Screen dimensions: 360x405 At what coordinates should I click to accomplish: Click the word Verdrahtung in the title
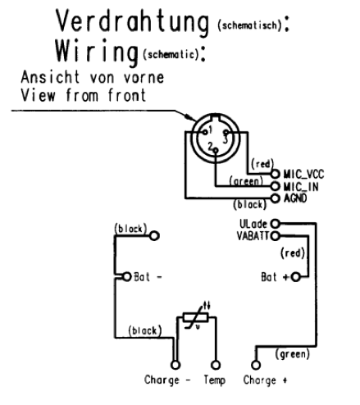[x=133, y=22]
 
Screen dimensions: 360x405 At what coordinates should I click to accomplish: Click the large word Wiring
[x=97, y=52]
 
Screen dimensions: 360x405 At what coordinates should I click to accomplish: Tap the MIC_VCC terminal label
[x=303, y=174]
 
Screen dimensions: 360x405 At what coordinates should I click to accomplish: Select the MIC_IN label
[x=301, y=187]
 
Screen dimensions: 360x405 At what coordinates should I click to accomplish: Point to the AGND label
[x=295, y=198]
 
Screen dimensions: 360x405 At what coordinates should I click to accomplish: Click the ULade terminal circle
[x=276, y=224]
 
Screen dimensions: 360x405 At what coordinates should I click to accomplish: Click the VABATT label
[x=253, y=236]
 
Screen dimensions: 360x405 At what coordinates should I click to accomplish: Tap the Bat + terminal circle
[x=295, y=277]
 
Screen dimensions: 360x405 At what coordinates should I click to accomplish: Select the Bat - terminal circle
[x=126, y=277]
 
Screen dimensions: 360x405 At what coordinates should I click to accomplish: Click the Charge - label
[x=167, y=380]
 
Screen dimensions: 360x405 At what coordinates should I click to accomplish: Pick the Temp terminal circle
[x=216, y=365]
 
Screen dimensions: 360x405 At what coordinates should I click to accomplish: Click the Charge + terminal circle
[x=256, y=365]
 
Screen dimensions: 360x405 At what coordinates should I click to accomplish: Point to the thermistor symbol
[x=196, y=317]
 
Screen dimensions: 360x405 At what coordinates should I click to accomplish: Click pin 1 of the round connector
[x=205, y=132]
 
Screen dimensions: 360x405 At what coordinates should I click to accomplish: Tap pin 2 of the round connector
[x=216, y=150]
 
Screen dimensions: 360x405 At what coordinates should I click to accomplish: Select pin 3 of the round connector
[x=226, y=133]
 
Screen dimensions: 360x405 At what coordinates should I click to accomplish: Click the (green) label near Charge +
[x=293, y=354]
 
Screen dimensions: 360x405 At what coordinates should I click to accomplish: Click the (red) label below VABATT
[x=293, y=253]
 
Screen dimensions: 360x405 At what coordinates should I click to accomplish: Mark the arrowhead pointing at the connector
[x=190, y=117]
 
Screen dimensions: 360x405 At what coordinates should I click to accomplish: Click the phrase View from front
[x=84, y=95]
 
